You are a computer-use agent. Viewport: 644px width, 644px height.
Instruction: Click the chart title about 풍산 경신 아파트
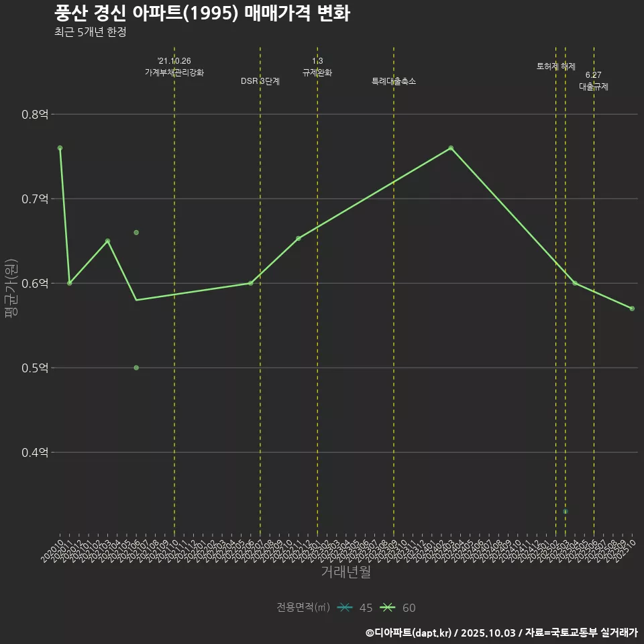click(201, 13)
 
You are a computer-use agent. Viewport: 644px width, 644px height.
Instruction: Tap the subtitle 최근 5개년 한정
click(90, 32)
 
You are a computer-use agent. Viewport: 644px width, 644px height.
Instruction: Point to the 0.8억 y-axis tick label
click(35, 115)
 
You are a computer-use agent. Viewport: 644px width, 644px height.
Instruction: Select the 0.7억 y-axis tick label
click(35, 199)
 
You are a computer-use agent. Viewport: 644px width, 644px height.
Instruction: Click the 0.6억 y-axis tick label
click(35, 284)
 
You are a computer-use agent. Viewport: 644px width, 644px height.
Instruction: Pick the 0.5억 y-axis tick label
click(35, 368)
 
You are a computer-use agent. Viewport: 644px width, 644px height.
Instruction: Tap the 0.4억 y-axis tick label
click(35, 453)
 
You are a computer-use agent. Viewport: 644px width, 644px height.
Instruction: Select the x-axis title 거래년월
click(345, 572)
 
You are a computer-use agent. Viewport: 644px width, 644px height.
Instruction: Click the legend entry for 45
click(356, 608)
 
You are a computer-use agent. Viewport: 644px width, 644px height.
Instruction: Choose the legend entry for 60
click(398, 608)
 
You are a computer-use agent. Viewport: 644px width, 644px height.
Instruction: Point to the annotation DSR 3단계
click(260, 81)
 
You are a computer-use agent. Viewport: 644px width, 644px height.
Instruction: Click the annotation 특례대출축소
click(394, 81)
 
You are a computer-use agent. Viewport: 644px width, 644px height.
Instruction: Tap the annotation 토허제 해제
click(556, 66)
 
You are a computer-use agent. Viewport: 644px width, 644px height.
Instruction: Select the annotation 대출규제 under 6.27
click(594, 87)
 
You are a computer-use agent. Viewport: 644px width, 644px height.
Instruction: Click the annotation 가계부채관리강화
click(174, 72)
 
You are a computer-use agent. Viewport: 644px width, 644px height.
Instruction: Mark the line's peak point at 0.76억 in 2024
click(451, 148)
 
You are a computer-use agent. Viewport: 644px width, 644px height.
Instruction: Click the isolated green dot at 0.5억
click(136, 368)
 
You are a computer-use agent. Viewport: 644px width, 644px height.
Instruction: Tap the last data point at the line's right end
click(632, 308)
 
